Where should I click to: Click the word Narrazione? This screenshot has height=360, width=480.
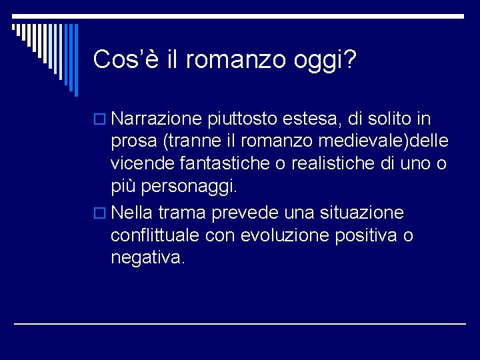pyautogui.click(x=157, y=119)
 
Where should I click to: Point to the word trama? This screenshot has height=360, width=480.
pyautogui.click(x=181, y=213)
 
